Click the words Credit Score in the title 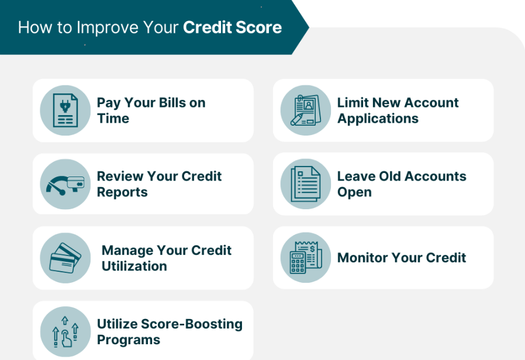pyautogui.click(x=232, y=27)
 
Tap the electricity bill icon pyautogui.click(x=65, y=110)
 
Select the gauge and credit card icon pyautogui.click(x=65, y=184)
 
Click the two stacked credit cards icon pyautogui.click(x=65, y=258)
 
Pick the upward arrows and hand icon pyautogui.click(x=65, y=331)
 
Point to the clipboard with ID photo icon pyautogui.click(x=306, y=110)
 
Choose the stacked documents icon pyautogui.click(x=306, y=184)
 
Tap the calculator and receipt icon pyautogui.click(x=306, y=258)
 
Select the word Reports pyautogui.click(x=122, y=193)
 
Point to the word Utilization pyautogui.click(x=134, y=266)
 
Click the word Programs pyautogui.click(x=129, y=340)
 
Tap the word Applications pyautogui.click(x=378, y=119)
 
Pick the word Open pyautogui.click(x=354, y=193)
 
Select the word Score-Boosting pyautogui.click(x=192, y=324)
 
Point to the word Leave pyautogui.click(x=356, y=176)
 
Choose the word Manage pyautogui.click(x=127, y=251)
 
